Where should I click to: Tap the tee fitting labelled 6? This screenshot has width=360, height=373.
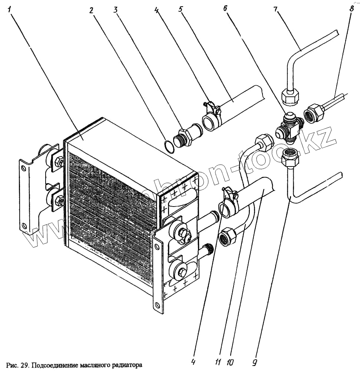pos(289,128)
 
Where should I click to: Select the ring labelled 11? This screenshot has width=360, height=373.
pos(224,210)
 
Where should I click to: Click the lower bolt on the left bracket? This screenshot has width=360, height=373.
pos(59,201)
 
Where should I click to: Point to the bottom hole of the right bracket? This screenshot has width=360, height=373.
pos(158,305)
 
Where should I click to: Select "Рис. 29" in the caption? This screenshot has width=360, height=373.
pos(17,365)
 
